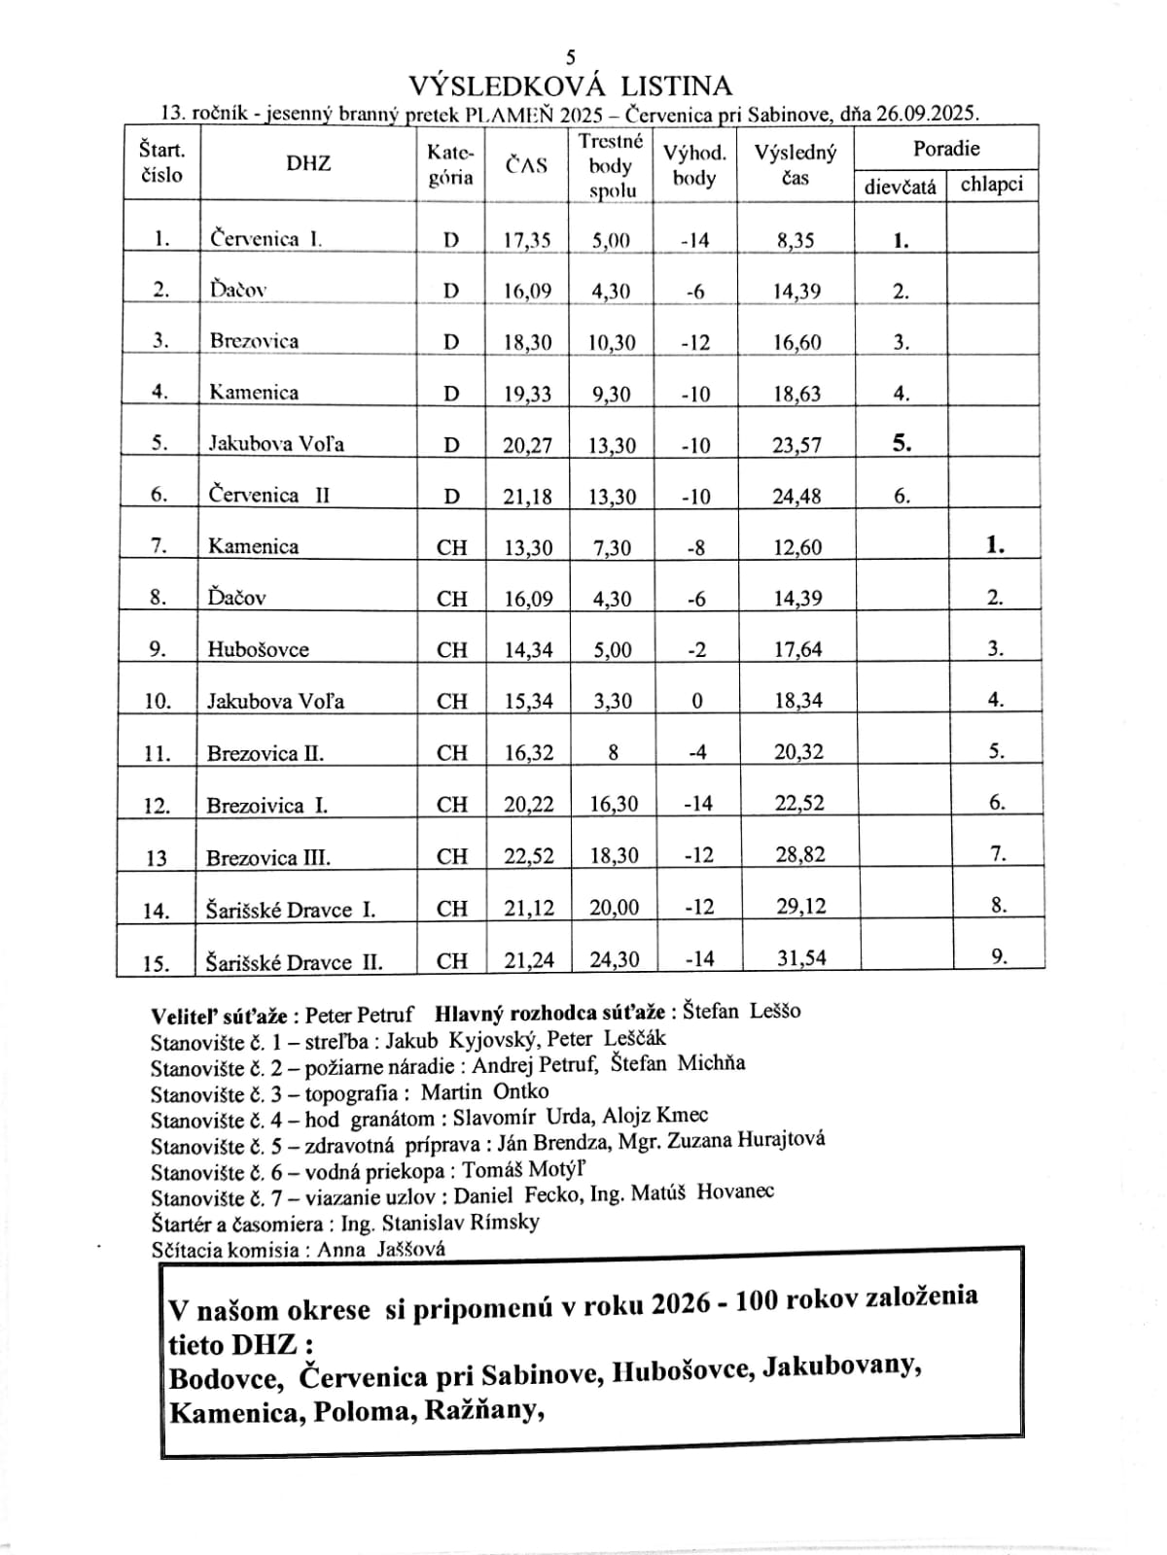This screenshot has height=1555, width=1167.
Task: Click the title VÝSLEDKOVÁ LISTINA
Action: [x=570, y=86]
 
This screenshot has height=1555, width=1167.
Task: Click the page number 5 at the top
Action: [x=571, y=58]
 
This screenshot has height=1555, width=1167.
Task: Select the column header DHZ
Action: [x=308, y=163]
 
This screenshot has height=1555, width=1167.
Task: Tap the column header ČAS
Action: [x=526, y=165]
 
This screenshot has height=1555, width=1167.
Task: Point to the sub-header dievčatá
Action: [x=901, y=186]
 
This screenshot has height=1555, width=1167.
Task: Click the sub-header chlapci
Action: [x=992, y=184]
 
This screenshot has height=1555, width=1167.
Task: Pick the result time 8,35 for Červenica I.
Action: [x=796, y=240]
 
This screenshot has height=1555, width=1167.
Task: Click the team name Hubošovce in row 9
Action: [x=258, y=649]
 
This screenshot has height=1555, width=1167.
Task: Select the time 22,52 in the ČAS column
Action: [x=529, y=856]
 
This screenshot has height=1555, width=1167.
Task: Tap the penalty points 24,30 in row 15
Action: [x=615, y=960]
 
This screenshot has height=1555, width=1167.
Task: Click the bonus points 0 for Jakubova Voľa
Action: [x=697, y=701]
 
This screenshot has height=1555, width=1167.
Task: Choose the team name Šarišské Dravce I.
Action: [x=291, y=910]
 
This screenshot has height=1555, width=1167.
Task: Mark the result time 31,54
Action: [x=801, y=958]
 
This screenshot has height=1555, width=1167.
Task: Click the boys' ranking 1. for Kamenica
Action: [x=995, y=545]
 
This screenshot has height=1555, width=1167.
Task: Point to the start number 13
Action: [x=156, y=858]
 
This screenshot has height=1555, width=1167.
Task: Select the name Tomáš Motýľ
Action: [x=523, y=1170]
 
